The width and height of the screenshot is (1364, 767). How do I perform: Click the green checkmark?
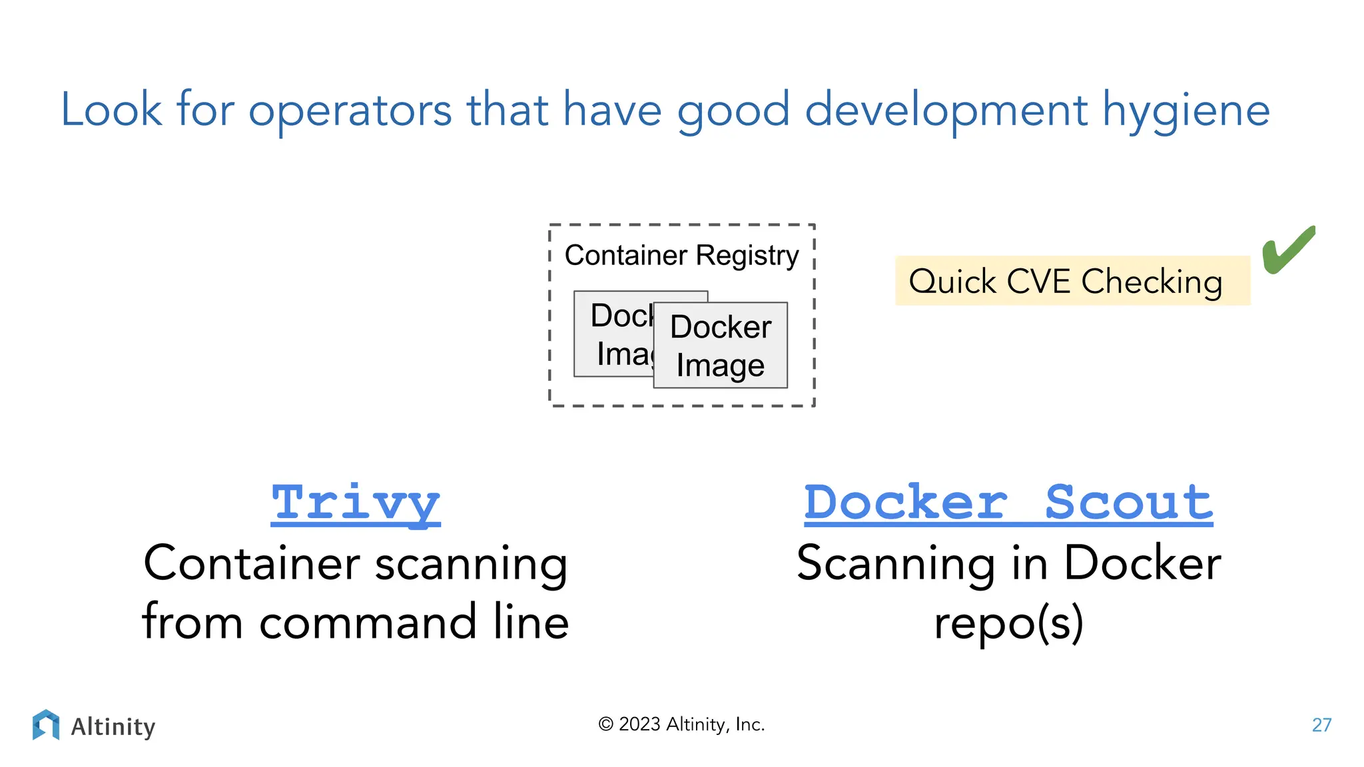(1288, 250)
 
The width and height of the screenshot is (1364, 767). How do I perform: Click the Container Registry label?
(681, 256)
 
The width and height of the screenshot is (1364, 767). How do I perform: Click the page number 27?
(1321, 725)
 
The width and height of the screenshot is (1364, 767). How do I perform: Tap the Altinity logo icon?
(45, 725)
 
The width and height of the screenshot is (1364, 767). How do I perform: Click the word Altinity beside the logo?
(113, 726)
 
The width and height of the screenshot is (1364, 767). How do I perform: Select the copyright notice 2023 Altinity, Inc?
(681, 724)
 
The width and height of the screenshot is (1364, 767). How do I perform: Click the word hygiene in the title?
(1186, 111)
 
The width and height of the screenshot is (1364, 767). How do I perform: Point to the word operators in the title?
(350, 111)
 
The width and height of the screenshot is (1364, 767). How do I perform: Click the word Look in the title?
(111, 109)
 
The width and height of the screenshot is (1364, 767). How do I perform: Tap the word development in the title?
(946, 111)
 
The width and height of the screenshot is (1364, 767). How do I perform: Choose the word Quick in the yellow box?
(952, 282)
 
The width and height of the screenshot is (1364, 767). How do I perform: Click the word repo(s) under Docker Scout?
(1008, 623)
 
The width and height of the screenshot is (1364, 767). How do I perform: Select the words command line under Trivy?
(414, 623)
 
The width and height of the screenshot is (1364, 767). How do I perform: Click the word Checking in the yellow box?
(1152, 282)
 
